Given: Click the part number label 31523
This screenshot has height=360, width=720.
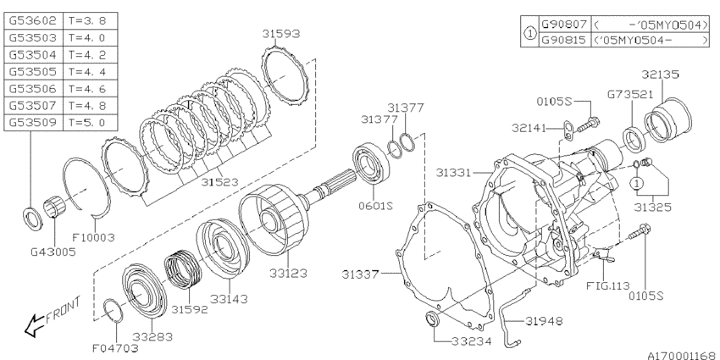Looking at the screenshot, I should [x=219, y=182].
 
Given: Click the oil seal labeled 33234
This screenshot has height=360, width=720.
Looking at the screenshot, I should [x=433, y=320].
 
